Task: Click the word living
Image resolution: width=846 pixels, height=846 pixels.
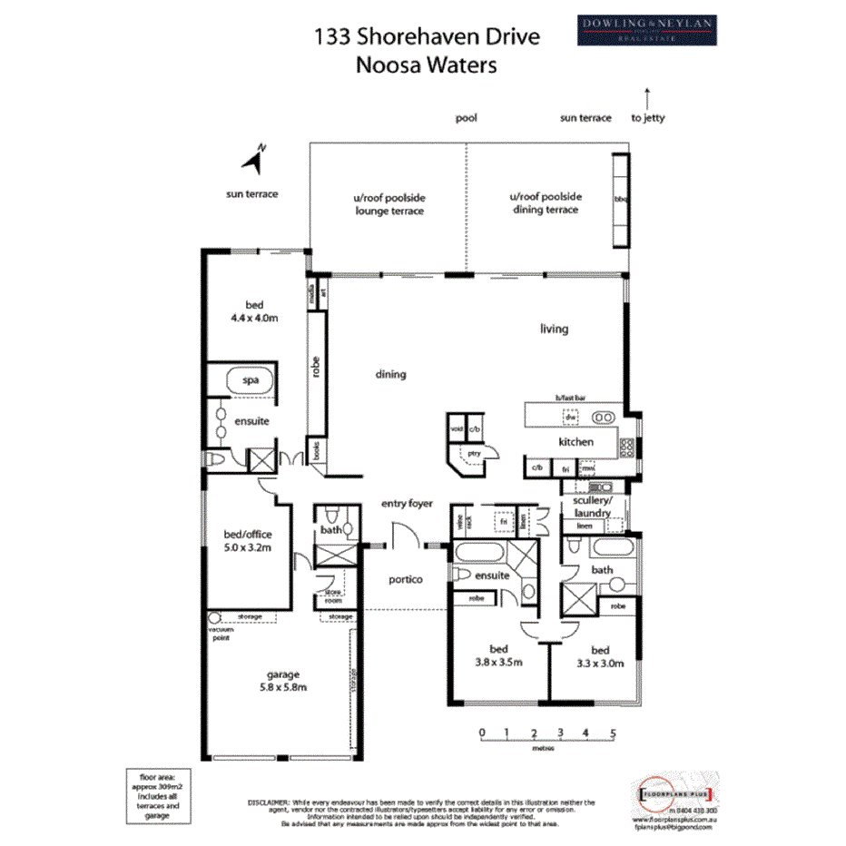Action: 554,329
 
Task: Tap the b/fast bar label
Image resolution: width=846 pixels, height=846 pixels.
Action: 572,398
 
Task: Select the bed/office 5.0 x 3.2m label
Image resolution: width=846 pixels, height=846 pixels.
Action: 249,541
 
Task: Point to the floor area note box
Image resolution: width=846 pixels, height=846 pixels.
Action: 160,796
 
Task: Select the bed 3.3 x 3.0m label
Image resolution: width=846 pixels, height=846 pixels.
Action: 600,656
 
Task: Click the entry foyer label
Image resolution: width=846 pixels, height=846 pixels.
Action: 407,503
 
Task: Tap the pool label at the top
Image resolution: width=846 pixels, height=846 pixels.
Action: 467,118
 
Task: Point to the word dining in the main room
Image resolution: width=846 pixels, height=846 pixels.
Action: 391,374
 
